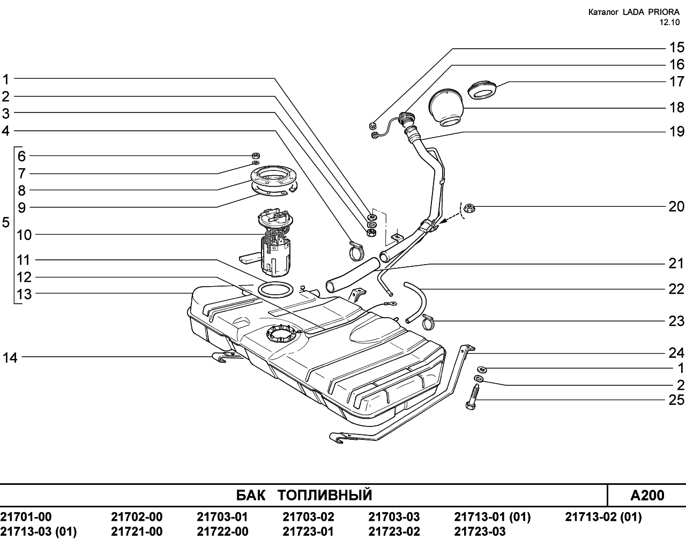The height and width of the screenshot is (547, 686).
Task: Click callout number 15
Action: click(x=676, y=48)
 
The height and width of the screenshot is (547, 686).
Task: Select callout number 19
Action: click(x=676, y=131)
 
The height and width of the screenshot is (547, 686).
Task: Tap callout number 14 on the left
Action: click(x=10, y=358)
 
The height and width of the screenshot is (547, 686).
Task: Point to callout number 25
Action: click(x=676, y=400)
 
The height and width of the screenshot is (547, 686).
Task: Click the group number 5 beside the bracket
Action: click(x=6, y=222)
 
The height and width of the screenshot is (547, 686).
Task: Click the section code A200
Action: click(x=647, y=496)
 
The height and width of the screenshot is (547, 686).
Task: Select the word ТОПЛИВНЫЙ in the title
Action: click(x=325, y=495)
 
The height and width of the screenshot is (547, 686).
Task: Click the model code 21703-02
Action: click(x=308, y=516)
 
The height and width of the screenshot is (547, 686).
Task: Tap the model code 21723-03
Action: click(x=480, y=531)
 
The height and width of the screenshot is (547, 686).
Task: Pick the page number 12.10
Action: click(x=669, y=23)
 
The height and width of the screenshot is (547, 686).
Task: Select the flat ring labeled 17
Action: click(x=482, y=90)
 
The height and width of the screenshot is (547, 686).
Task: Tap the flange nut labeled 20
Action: click(x=470, y=208)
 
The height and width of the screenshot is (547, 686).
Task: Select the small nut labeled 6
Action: click(x=255, y=155)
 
